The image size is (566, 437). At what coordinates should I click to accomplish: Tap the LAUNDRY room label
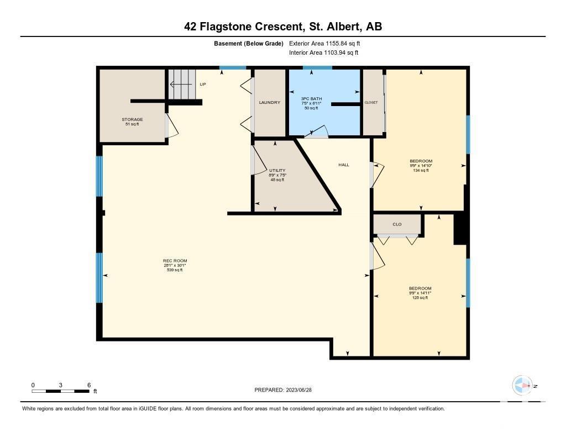pos(270,103)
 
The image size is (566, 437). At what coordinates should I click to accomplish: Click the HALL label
pos(344,165)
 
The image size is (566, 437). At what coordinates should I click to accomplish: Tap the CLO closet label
pos(397,224)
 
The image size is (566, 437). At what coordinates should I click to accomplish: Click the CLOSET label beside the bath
pos(371,103)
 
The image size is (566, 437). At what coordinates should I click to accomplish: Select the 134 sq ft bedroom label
pos(421,166)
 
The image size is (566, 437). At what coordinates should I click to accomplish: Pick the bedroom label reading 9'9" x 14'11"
pos(420,293)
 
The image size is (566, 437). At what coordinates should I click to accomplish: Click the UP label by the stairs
pos(203,85)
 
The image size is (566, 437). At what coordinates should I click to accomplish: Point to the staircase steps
pos(182,85)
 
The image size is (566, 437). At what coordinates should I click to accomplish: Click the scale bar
pos(61,391)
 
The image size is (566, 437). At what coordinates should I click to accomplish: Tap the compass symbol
pos(522,386)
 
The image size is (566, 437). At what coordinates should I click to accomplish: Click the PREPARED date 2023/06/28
pos(283,390)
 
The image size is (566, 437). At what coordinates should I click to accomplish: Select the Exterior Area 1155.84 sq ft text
pos(324,44)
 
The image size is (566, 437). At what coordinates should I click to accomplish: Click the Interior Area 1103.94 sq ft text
pos(324,52)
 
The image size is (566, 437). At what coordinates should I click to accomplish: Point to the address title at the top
pos(283,27)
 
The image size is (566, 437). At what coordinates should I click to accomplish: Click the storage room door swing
pos(172,125)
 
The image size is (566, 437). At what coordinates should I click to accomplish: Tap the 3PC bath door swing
pos(316,132)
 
